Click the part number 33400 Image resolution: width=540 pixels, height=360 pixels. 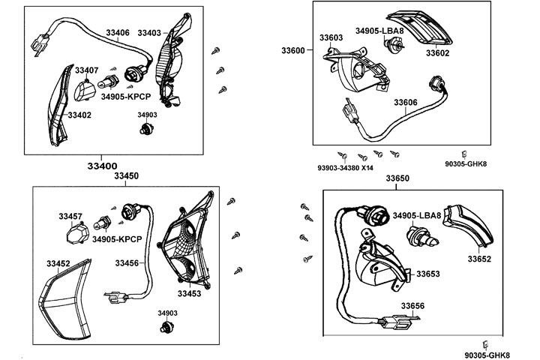pos(101,166)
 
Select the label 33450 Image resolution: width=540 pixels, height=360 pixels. pos(126,176)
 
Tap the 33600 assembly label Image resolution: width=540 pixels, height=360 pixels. pos(293,50)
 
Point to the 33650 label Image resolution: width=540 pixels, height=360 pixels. pos(397,178)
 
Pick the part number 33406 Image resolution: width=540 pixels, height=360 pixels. pos(118,33)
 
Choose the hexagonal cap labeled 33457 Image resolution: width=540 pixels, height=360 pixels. pos(72,235)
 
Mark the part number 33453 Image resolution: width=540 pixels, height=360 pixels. pos(189,294)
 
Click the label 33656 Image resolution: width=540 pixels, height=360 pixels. pos(412,306)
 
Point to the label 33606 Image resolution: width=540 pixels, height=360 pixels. pos(406,102)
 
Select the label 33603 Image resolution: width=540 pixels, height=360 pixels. pos(331,37)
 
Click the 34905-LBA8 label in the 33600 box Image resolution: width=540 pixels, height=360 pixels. pos(379,31)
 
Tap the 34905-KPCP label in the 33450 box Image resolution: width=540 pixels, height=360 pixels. pos(117,240)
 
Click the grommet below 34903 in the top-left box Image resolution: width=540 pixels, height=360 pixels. pos(145,130)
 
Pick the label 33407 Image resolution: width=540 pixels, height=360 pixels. pos(87,70)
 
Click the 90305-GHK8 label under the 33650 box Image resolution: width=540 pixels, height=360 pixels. pos(487,355)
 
